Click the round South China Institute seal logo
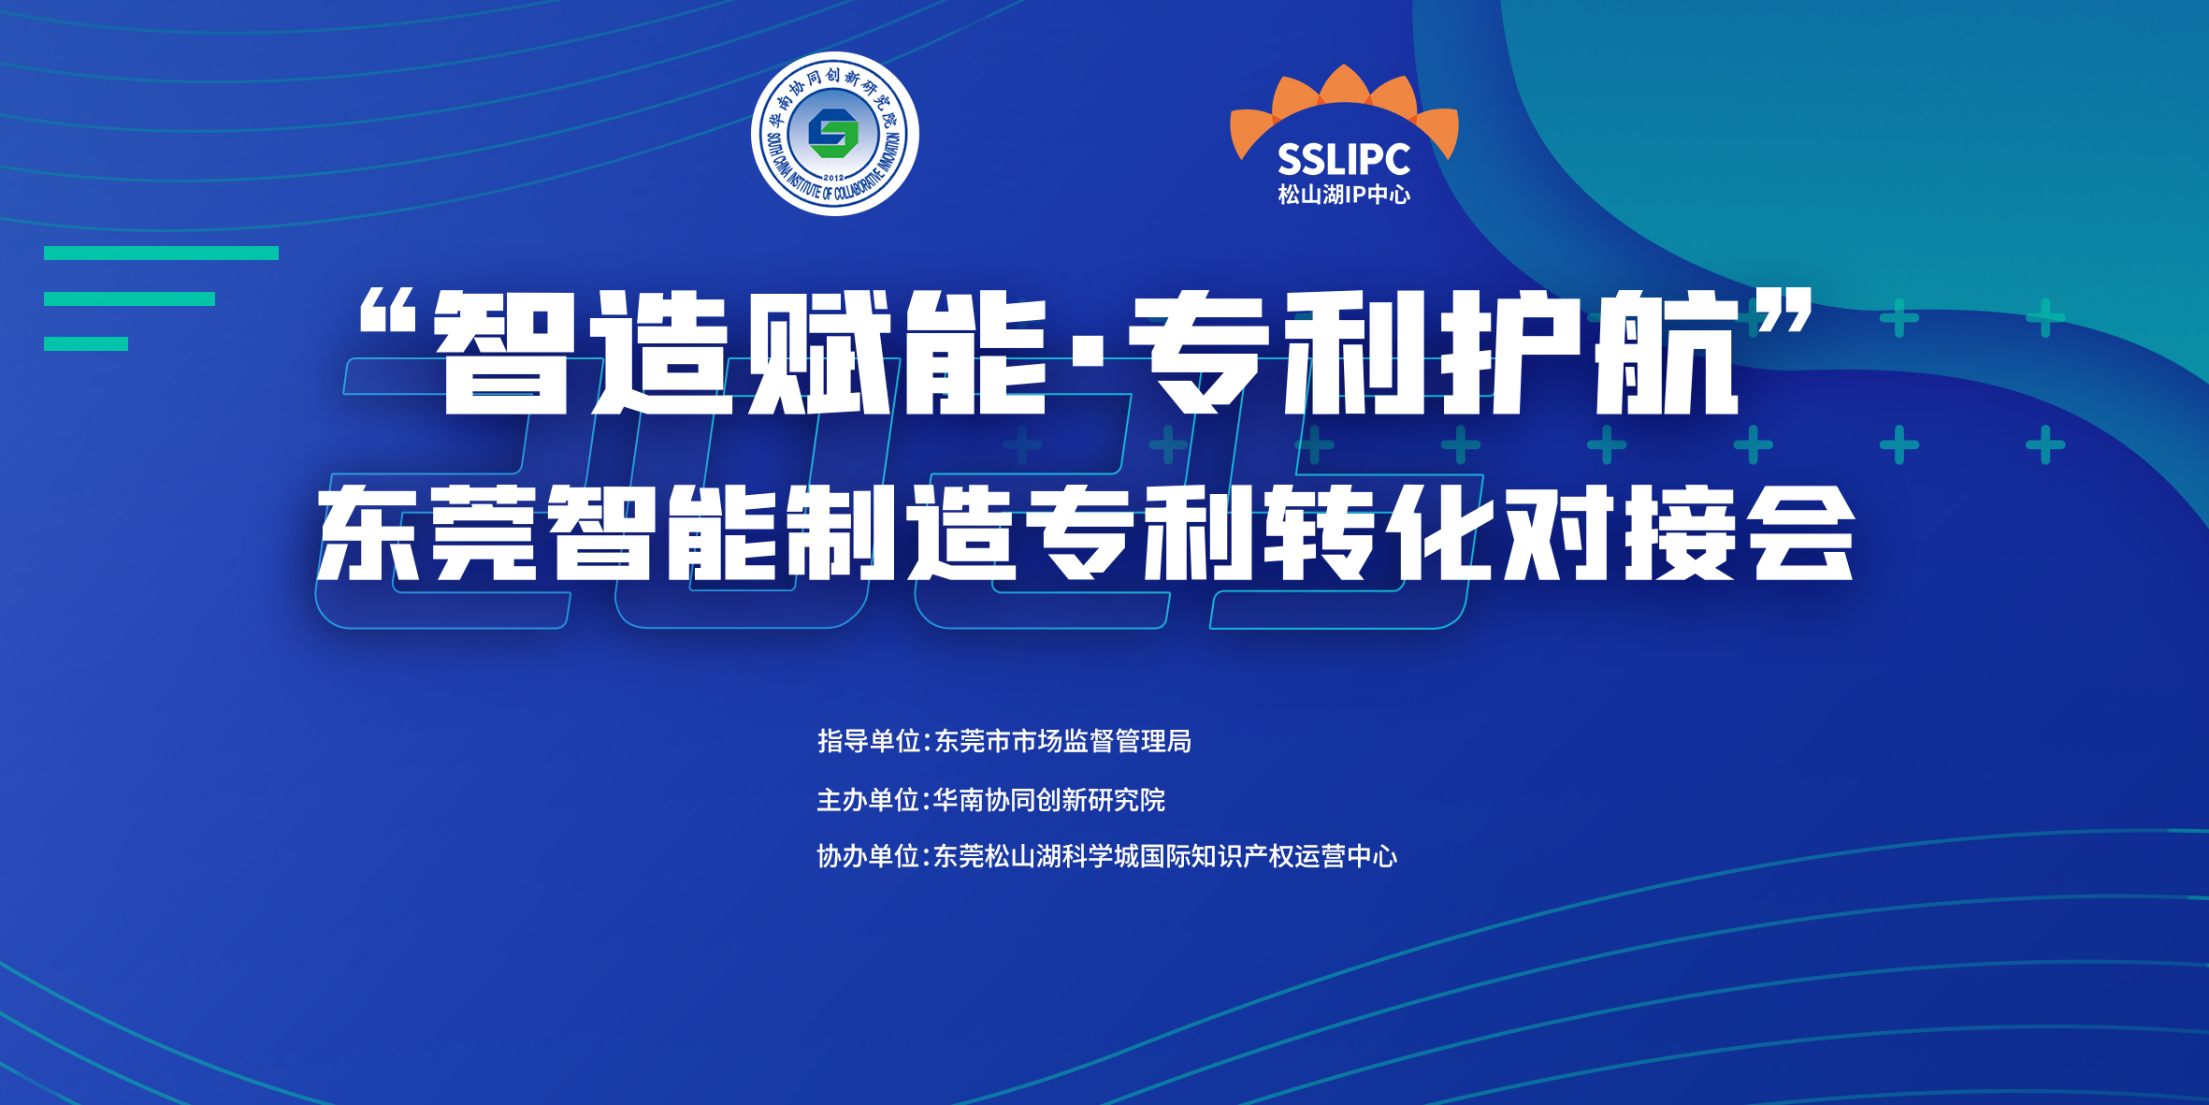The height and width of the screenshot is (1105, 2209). [x=834, y=134]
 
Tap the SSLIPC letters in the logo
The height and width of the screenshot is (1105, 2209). [x=1344, y=160]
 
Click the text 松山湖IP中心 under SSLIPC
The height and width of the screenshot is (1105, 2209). [x=1344, y=195]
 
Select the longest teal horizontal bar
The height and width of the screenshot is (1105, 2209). [x=161, y=253]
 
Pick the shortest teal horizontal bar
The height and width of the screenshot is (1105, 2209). [x=86, y=343]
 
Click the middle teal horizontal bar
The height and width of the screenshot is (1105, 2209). [x=129, y=298]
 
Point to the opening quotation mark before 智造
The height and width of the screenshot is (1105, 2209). [x=387, y=311]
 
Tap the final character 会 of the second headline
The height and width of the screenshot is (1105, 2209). [x=1803, y=532]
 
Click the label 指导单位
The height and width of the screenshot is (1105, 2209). [x=870, y=741]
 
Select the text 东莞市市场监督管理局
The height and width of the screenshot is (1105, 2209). [x=1063, y=741]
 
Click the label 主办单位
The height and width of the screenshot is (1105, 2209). [x=869, y=800]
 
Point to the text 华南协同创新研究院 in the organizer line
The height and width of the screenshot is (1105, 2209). [x=1049, y=800]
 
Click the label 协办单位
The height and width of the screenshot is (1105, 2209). [x=869, y=856]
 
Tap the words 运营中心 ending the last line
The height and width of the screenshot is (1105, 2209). [x=1346, y=856]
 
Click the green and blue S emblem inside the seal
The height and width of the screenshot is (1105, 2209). [x=833, y=134]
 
